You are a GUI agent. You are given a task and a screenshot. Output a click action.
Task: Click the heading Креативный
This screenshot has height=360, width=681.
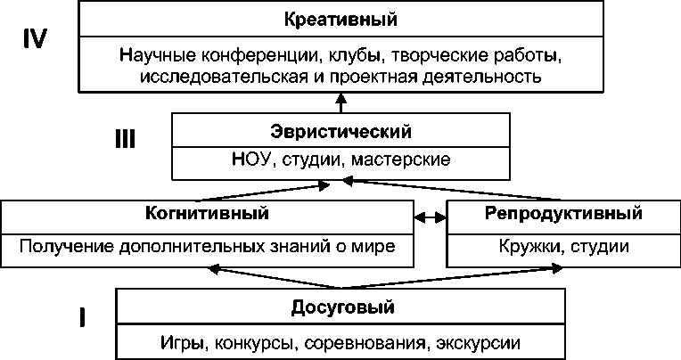(341, 18)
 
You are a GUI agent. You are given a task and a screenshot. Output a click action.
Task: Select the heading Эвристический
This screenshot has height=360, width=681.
(341, 132)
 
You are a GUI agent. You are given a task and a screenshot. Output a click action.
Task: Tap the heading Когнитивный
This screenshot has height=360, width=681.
(207, 214)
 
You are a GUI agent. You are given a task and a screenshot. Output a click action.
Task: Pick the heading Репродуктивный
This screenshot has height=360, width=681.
(563, 214)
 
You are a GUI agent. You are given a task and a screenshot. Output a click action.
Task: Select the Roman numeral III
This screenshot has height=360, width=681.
(127, 139)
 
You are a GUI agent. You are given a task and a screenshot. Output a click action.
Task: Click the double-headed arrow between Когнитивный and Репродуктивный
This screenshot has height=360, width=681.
(431, 217)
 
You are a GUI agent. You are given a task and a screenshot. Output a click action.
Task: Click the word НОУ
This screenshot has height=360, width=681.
(250, 160)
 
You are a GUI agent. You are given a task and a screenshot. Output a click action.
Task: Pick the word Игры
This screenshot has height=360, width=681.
(182, 341)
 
